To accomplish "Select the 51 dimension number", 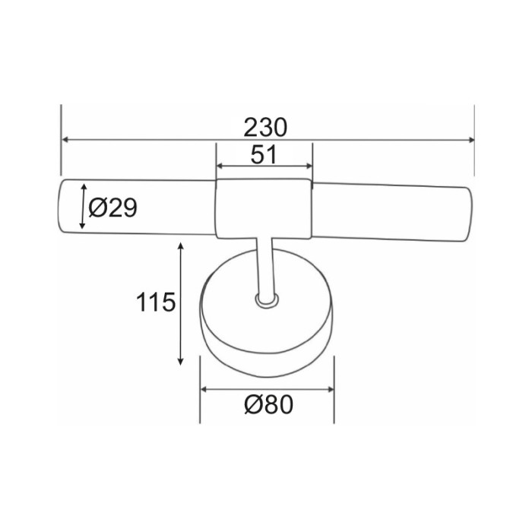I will [263, 155].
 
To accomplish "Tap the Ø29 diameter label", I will [112, 207].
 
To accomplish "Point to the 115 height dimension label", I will [157, 302].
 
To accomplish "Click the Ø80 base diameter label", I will [268, 405].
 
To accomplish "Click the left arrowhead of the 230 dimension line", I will [65, 141].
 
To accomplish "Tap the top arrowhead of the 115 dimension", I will [181, 247].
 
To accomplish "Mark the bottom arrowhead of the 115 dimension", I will [181, 361].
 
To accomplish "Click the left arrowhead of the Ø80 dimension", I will [204, 391].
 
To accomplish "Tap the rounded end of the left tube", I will [65, 207].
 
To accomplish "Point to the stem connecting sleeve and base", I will [263, 266].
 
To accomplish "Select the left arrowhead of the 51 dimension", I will [221, 166].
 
